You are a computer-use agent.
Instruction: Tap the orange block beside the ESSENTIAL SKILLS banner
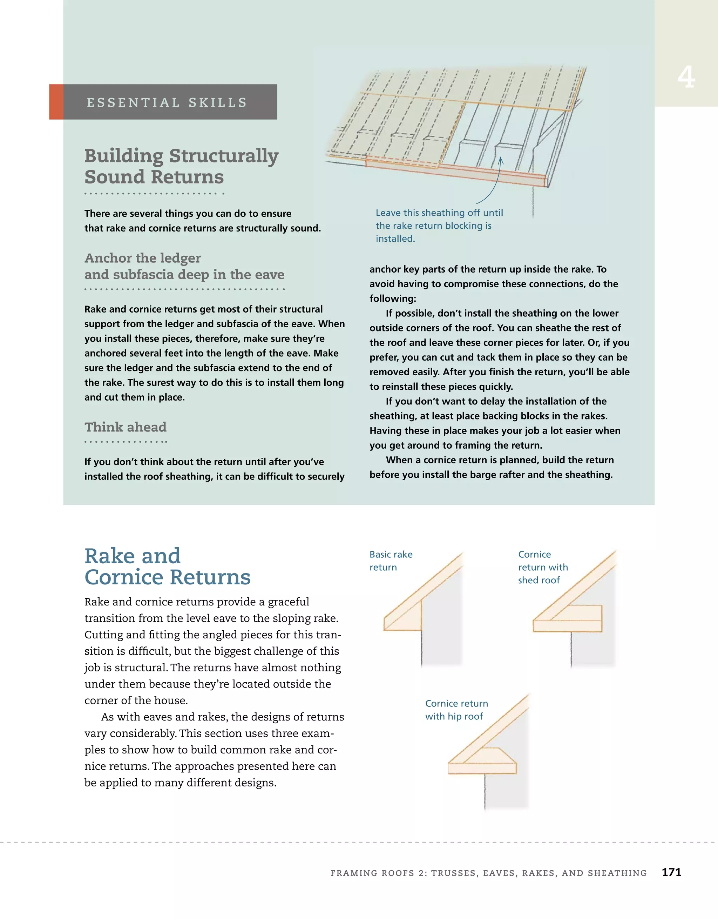point(56,102)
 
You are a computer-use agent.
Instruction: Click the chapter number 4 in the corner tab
point(686,77)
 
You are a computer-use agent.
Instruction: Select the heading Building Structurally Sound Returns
point(181,166)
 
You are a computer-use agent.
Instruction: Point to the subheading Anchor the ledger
point(143,257)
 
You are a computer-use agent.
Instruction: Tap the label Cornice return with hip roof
point(456,710)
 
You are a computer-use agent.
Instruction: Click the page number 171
point(671,872)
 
